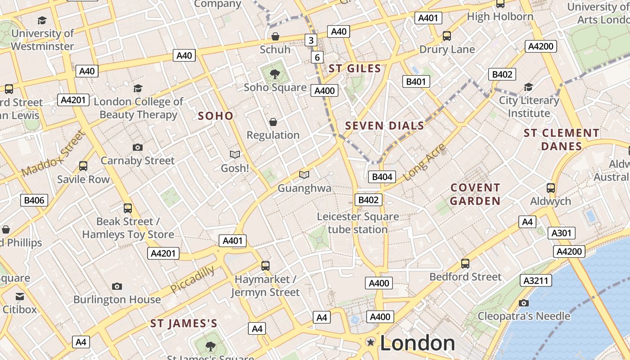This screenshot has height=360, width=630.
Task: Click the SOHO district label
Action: pos(216,116)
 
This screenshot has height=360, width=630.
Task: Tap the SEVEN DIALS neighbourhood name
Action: pos(384,126)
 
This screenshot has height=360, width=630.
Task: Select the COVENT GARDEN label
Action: pos(475,194)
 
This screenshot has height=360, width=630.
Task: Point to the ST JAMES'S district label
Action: pos(184,324)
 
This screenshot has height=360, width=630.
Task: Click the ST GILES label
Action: pos(355,68)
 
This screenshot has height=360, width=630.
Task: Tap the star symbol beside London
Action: pos(371,342)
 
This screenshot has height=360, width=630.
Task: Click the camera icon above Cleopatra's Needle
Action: pos(523,303)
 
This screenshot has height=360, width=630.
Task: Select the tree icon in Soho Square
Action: pos(274,74)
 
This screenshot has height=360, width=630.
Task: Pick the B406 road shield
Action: pos(34,200)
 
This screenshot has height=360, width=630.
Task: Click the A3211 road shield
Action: pos(536,281)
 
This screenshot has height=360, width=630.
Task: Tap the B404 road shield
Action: pos(382,177)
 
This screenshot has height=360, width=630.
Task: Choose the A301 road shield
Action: pos(561,233)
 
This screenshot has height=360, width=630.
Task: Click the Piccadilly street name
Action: pos(193,279)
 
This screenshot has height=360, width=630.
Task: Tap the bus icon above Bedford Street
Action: pos(465,264)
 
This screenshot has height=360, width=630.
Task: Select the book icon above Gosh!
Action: pos(235,155)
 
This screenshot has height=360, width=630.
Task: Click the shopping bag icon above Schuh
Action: pos(275,36)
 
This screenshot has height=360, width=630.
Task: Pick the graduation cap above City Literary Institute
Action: pos(529,87)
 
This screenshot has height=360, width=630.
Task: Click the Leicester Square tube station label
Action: pos(358,223)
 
